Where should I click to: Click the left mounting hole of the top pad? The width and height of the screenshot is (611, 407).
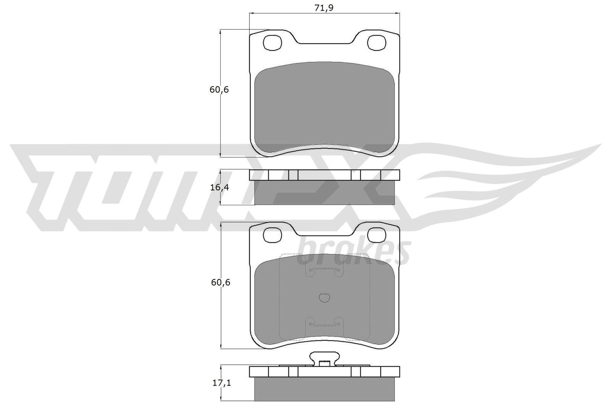(x=273, y=43)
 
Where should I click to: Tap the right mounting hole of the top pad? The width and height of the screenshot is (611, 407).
(x=377, y=43)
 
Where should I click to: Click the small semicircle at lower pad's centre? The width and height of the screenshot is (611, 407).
(x=325, y=298)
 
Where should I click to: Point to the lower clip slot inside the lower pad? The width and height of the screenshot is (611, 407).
(x=324, y=323)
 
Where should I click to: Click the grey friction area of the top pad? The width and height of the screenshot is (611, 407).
(x=325, y=109)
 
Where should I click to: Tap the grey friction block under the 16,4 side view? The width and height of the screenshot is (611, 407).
(x=325, y=192)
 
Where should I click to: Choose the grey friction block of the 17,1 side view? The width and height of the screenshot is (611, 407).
(x=325, y=388)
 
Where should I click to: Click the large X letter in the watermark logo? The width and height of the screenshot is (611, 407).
(x=367, y=187)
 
